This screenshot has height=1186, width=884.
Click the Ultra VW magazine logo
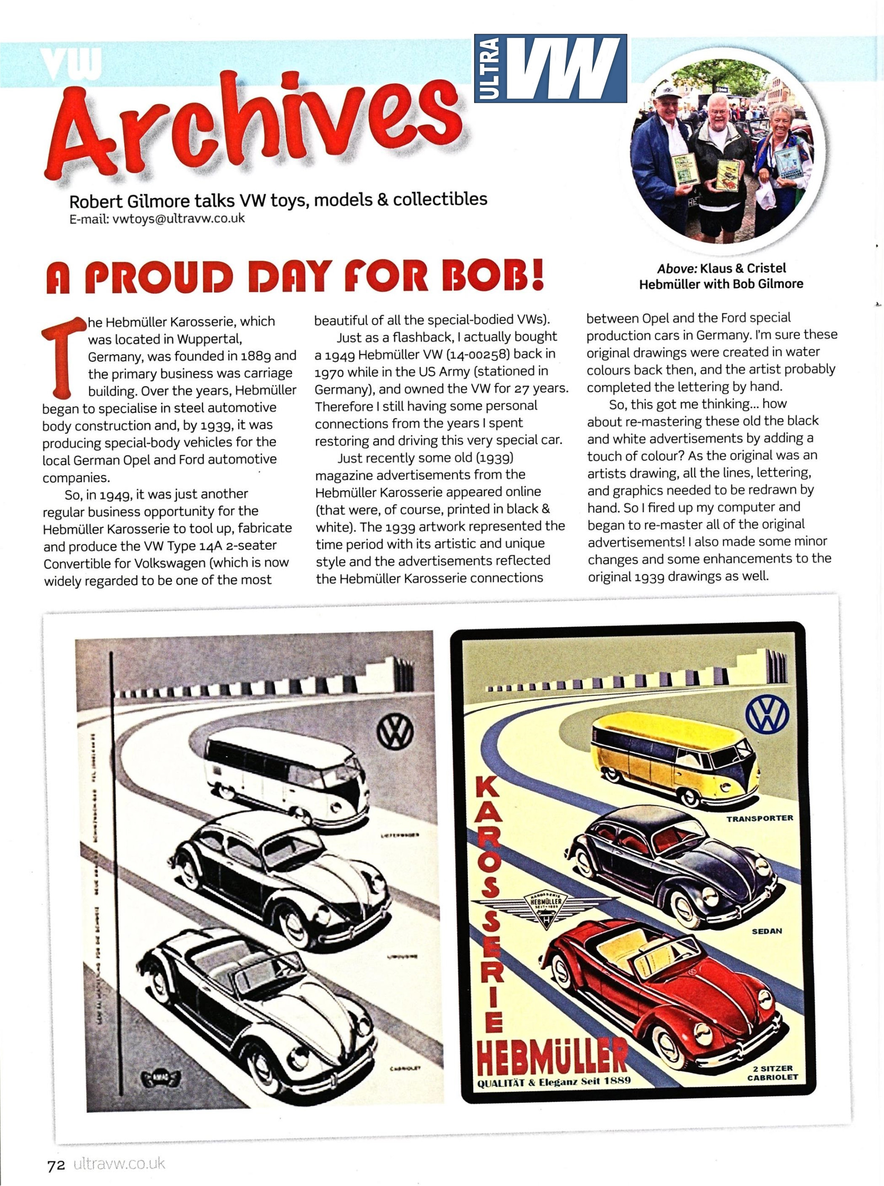[x=550, y=69]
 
